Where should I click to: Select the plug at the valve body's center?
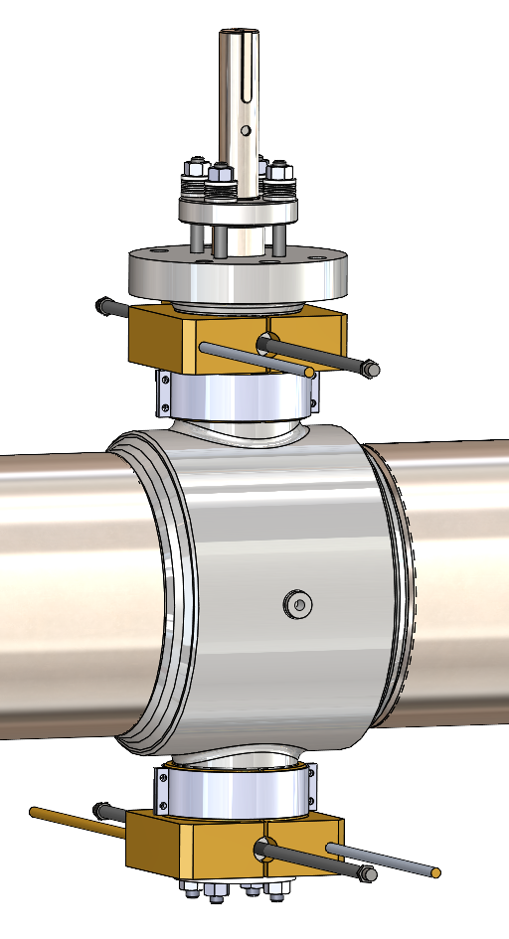[296, 603]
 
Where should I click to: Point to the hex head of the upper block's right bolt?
[369, 371]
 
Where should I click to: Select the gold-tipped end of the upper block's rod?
[310, 373]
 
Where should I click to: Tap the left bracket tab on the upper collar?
[164, 393]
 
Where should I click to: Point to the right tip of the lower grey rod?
[435, 873]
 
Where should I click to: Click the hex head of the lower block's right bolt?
[368, 874]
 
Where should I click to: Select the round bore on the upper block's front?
[266, 344]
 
